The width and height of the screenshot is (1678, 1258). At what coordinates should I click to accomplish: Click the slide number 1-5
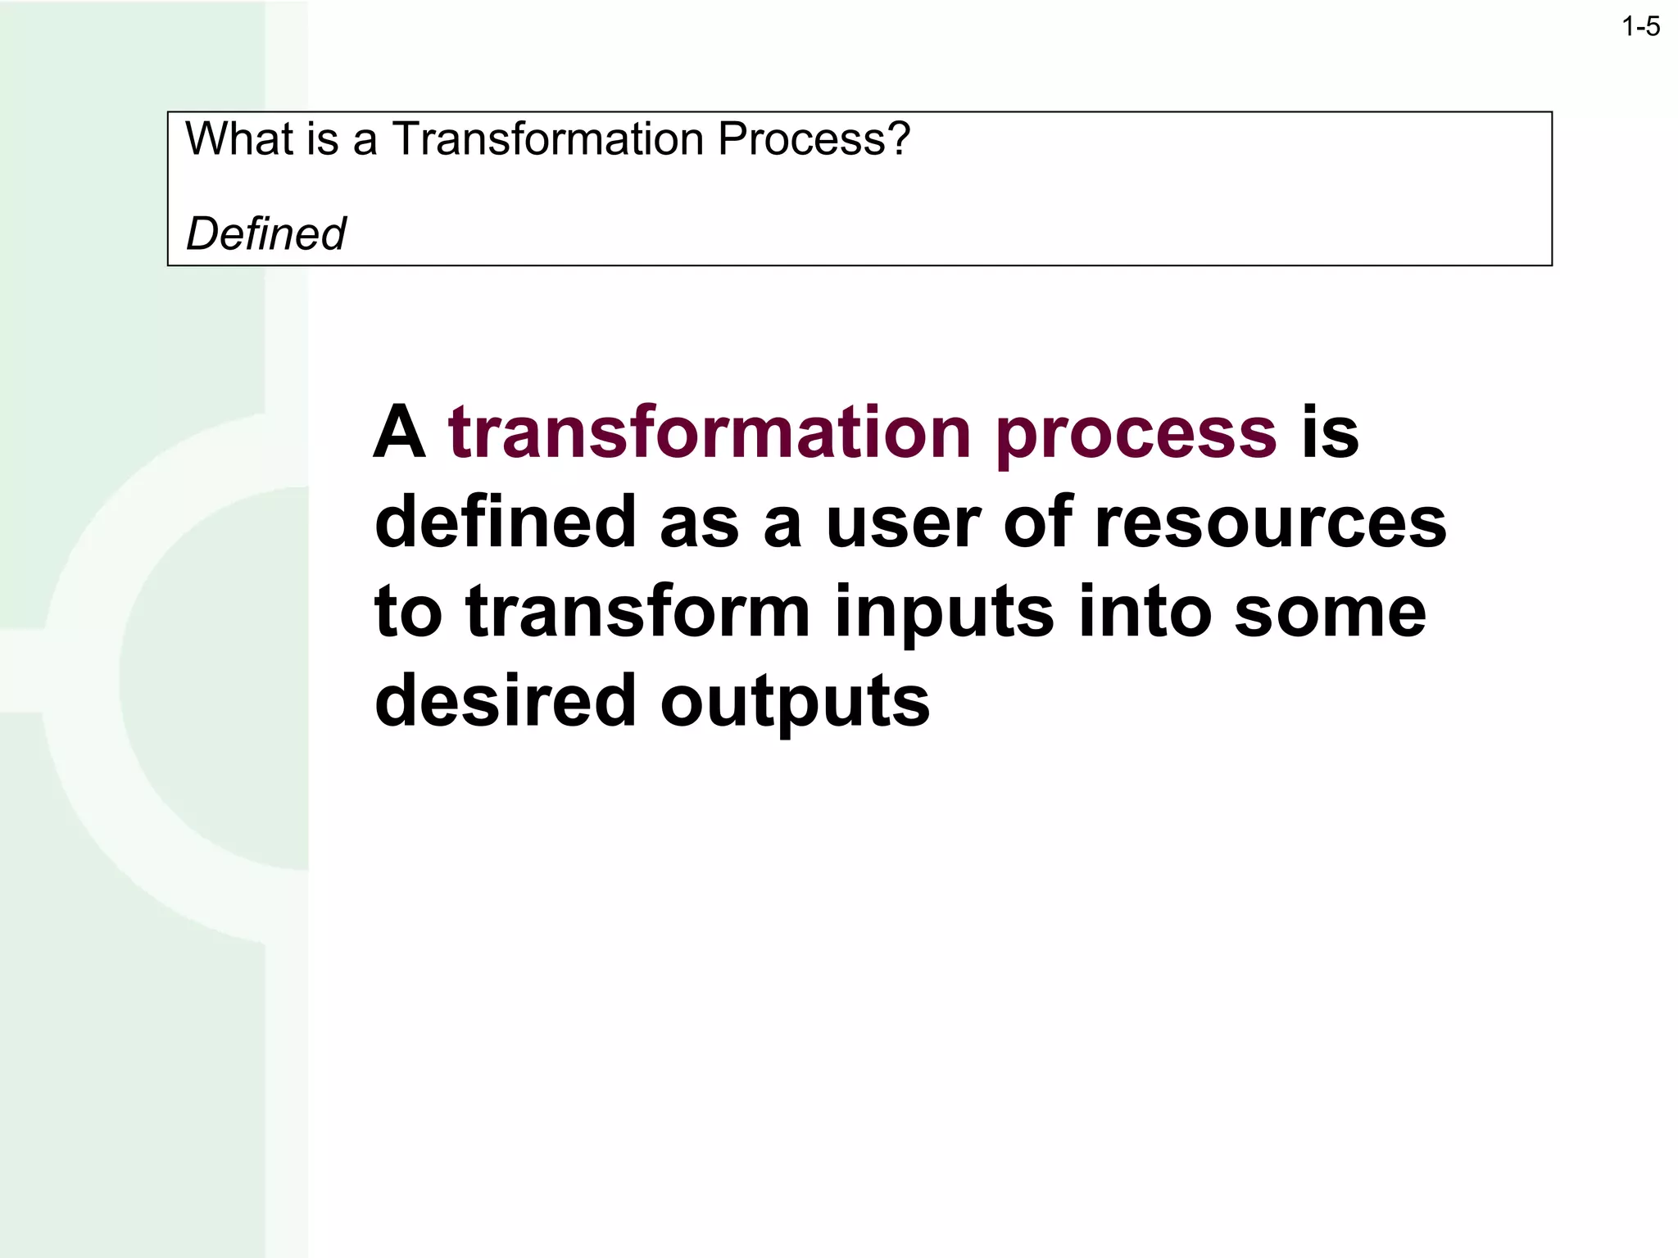(1640, 28)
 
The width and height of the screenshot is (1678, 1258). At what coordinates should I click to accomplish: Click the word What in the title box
(238, 138)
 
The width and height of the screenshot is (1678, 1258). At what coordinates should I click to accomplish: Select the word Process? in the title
(814, 138)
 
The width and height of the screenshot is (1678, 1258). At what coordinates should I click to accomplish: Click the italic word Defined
(265, 234)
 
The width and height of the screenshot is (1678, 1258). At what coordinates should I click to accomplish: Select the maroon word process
(1136, 434)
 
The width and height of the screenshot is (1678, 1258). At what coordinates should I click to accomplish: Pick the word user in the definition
(903, 524)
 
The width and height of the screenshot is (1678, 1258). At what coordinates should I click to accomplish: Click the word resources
(1271, 524)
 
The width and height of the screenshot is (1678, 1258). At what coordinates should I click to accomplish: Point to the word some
(1330, 614)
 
